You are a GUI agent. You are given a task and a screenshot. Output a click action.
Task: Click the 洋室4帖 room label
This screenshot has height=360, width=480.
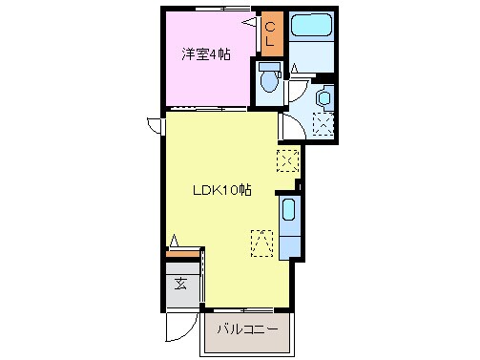(205, 53)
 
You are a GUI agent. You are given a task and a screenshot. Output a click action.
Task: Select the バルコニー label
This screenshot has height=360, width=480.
(246, 329)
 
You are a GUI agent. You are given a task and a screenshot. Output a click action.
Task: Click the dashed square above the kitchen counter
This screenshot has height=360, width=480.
(287, 159)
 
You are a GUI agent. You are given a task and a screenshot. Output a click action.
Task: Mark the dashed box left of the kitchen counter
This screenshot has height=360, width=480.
(261, 243)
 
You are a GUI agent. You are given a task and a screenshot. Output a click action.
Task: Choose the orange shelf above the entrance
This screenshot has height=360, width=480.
(183, 253)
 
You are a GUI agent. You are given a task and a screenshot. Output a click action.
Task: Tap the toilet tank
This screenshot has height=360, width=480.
(268, 68)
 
